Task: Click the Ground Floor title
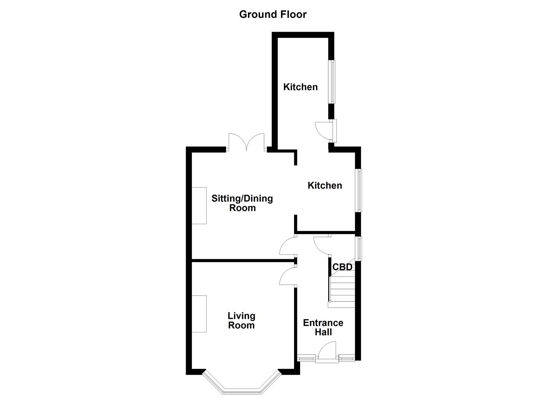tap(273, 14)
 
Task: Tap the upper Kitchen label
tap(300, 87)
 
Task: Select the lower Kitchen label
tap(325, 185)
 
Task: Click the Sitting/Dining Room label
tap(242, 203)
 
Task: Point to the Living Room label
tap(241, 320)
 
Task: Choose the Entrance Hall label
tap(323, 327)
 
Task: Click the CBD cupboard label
tap(342, 267)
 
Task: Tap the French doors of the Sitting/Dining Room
tap(246, 142)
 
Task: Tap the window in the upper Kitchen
tap(332, 82)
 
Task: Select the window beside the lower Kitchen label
tap(358, 190)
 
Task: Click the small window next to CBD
tap(358, 248)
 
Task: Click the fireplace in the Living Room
tap(199, 314)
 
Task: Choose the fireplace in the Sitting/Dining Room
tap(199, 205)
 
